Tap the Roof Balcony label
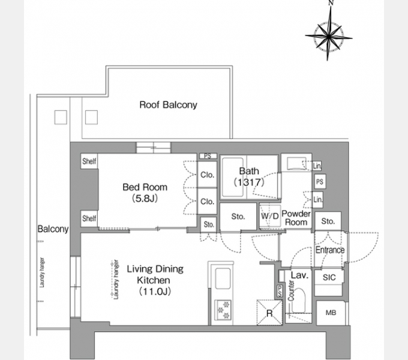[169, 105]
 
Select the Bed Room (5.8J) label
[145, 193]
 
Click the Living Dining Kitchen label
[155, 280]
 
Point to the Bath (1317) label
[249, 176]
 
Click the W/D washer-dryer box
[270, 216]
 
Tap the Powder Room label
[296, 218]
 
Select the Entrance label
[330, 250]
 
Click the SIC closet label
[329, 278]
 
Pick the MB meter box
[331, 313]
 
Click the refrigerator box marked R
[269, 313]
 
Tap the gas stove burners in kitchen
[223, 310]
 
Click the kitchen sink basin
[223, 278]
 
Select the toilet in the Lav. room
[298, 301]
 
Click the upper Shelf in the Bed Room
[89, 161]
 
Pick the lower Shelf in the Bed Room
[89, 218]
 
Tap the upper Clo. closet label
[208, 175]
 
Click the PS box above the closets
[208, 156]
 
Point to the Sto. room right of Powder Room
[328, 221]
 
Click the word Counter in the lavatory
[291, 290]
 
